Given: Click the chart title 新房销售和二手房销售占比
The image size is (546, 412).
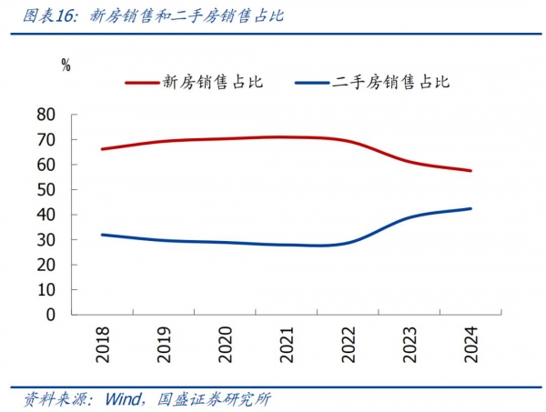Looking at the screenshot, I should point(181,15).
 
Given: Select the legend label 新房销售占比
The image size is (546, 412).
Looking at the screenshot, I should point(212,82).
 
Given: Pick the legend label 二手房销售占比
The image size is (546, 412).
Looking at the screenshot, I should point(391,82).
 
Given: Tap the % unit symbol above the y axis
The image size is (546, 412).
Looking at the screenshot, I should point(66,65).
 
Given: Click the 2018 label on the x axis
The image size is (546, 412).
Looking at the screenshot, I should point(103,344).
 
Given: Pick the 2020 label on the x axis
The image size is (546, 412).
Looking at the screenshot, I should point(225,344).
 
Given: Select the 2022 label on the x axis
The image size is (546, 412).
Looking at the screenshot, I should point(349,344).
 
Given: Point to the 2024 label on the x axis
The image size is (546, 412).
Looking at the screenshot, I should point(471,344).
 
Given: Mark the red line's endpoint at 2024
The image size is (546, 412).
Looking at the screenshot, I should point(470,170).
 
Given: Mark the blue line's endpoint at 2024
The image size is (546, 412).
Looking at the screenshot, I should point(470,208).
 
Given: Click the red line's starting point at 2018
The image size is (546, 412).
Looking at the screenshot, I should point(102,149).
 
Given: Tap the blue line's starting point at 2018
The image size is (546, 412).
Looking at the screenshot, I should point(102,235).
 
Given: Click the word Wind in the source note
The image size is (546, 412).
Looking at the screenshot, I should point(122,398).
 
